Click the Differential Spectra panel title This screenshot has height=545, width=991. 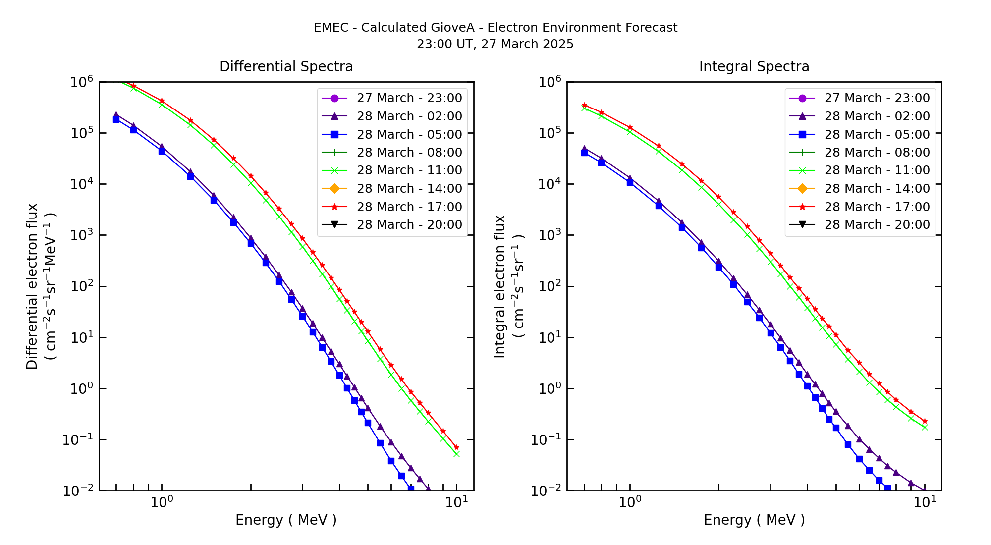pyautogui.click(x=286, y=67)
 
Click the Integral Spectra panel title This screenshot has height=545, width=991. pyautogui.click(x=754, y=67)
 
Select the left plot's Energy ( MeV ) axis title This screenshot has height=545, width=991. pyautogui.click(x=286, y=520)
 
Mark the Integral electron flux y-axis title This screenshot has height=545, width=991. pyautogui.click(x=500, y=286)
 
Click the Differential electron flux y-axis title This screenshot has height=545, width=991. pyautogui.click(x=32, y=286)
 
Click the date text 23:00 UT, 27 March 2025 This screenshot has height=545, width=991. pyautogui.click(x=495, y=44)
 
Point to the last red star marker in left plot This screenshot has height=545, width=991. pyautogui.click(x=456, y=447)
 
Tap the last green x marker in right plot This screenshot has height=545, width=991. pyautogui.click(x=925, y=427)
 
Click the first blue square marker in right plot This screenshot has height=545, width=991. pyautogui.click(x=585, y=153)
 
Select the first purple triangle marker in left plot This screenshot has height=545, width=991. pyautogui.click(x=116, y=115)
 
